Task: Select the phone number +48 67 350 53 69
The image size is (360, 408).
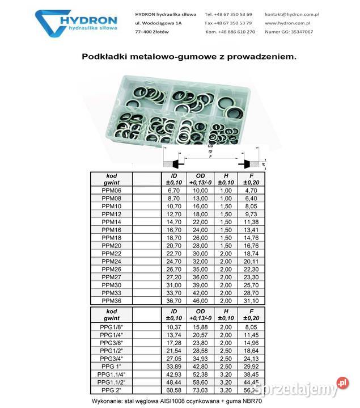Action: click(x=234, y=14)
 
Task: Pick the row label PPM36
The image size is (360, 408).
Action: click(x=111, y=300)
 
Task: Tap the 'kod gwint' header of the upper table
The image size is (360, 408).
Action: click(x=111, y=178)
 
